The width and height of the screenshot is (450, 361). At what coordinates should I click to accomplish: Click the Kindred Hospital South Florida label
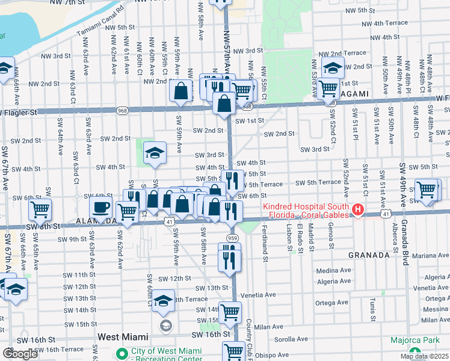[306, 211]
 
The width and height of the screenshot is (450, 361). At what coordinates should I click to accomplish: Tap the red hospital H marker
[359, 210]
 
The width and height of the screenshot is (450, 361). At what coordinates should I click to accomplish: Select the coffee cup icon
[100, 208]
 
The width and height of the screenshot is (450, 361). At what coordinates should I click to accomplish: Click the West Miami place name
[126, 340]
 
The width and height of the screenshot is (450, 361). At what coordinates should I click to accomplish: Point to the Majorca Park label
[415, 340]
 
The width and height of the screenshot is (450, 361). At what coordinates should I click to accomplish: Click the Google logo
[19, 354]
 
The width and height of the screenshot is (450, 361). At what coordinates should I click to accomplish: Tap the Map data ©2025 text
[424, 356]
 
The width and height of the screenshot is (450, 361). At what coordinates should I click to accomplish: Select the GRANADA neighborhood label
[369, 255]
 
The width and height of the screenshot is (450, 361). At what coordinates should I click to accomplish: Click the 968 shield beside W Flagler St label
[123, 111]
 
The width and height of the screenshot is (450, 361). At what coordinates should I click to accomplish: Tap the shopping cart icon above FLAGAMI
[328, 88]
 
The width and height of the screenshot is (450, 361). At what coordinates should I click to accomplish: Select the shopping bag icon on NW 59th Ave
[181, 91]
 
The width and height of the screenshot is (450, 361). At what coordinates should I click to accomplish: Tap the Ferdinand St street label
[265, 244]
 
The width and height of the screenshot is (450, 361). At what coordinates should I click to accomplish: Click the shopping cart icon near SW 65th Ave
[40, 210]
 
